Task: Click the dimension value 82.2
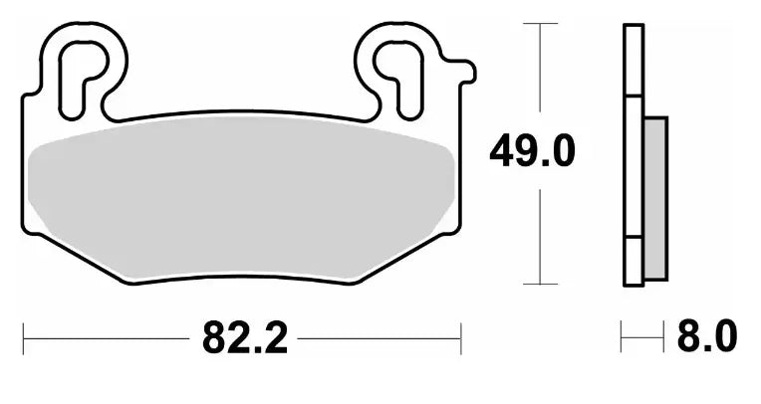244,339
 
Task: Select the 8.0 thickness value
706,338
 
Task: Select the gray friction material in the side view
655,197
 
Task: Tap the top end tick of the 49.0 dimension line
540,23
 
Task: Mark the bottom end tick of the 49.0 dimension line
540,284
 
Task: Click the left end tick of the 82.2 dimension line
24,339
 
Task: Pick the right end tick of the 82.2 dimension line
460,339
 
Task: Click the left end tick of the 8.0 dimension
622,338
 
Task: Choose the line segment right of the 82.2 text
379,339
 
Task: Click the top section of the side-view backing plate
633,60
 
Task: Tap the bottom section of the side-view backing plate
633,263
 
